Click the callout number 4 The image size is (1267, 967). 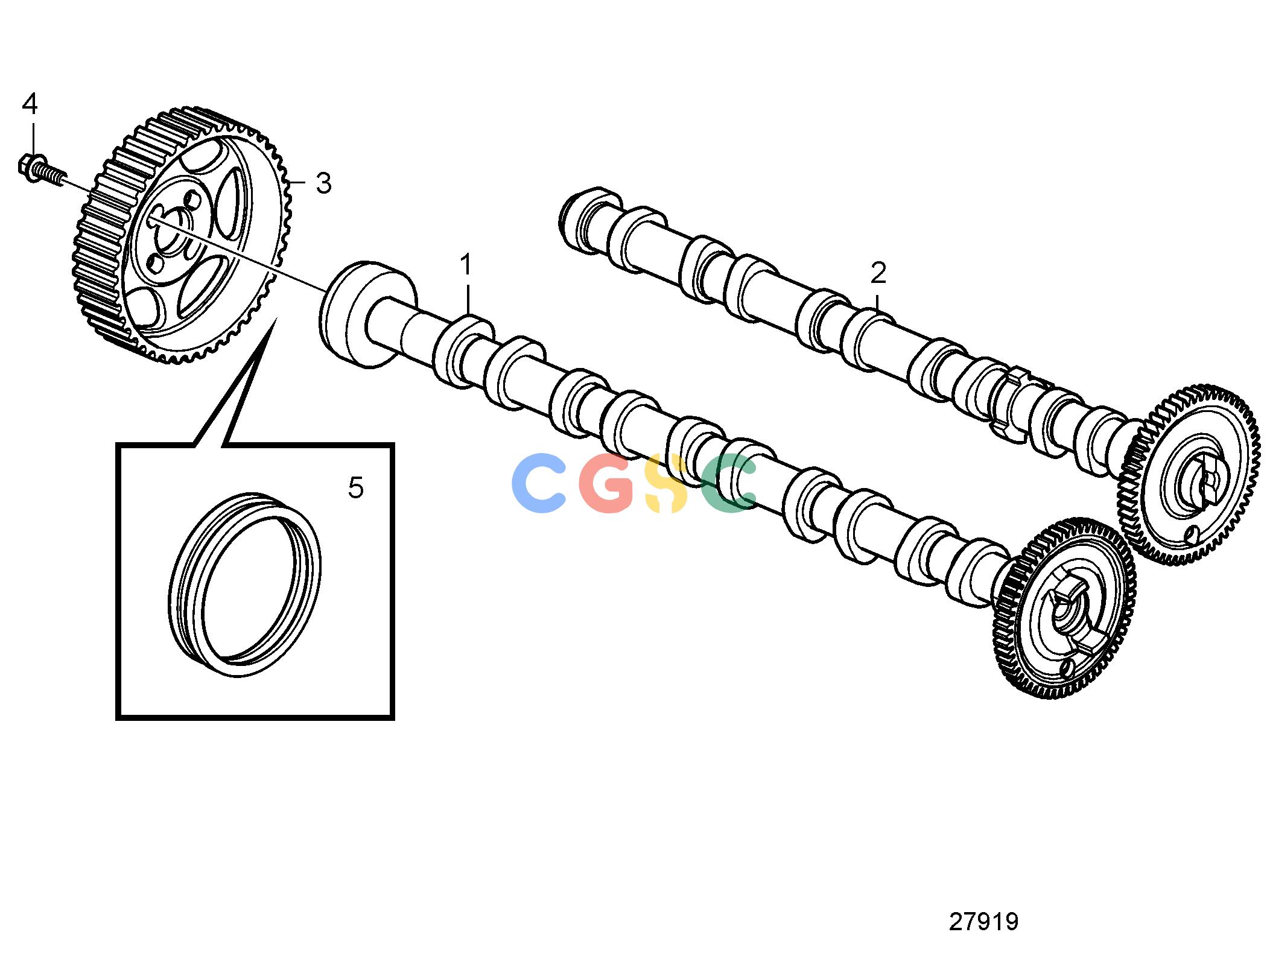pos(30,104)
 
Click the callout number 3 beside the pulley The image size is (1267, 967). pos(324,183)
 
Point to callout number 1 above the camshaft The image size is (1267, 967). pos(466,265)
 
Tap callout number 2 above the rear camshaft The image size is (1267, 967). pos(878,273)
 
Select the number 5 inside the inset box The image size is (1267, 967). pos(356,487)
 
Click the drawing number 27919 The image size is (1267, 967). pos(983,922)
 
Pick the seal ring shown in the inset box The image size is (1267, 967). pos(244,584)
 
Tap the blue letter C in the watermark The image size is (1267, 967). pos(539,483)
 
